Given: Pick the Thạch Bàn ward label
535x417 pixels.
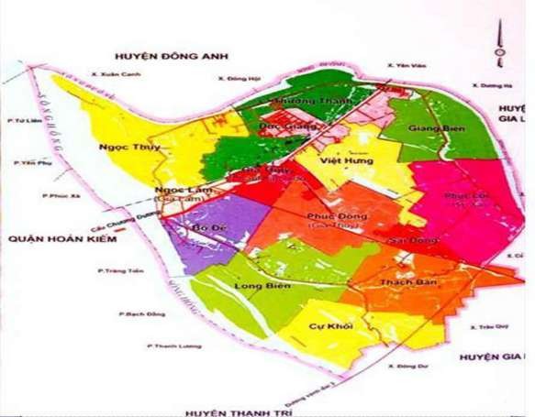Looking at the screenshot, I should pyautogui.click(x=424, y=282).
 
